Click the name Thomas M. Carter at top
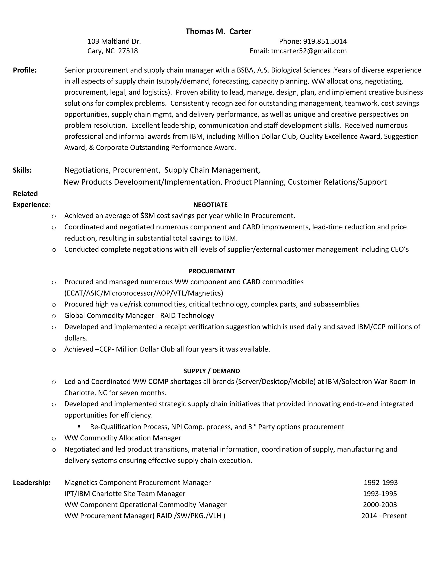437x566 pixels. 218,31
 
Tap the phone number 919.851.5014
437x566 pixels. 325,41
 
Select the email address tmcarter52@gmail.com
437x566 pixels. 309,51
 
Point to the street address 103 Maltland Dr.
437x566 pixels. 114,41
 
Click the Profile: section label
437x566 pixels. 25,70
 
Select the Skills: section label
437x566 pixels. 22,170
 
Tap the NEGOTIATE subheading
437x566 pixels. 210,205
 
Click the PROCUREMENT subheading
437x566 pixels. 211,271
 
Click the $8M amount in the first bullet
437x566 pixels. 148,216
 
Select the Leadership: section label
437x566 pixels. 32,482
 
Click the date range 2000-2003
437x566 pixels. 380,504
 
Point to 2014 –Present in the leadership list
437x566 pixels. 384,516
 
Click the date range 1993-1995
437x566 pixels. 380,494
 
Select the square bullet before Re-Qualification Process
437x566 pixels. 79,426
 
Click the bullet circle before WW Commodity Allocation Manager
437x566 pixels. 54,438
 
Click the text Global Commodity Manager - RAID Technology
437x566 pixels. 139,315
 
